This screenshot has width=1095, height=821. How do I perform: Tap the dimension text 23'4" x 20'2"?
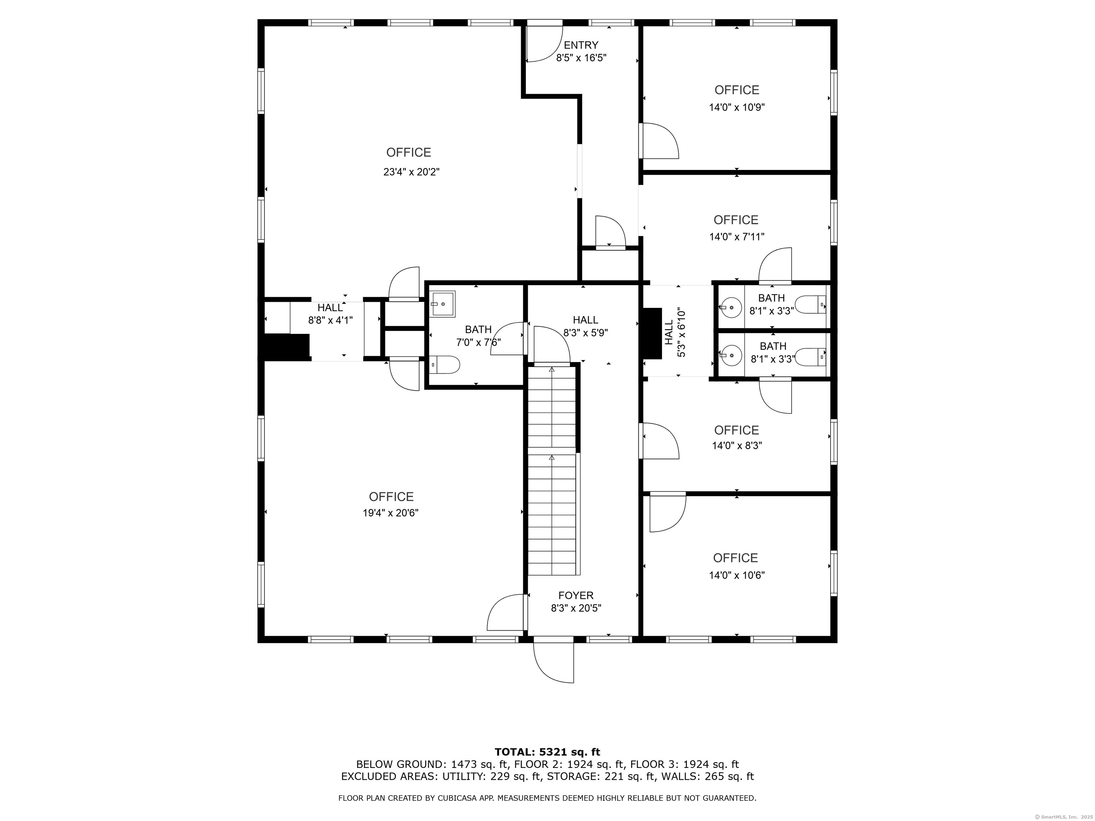[411, 172]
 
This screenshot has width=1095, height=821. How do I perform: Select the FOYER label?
[576, 596]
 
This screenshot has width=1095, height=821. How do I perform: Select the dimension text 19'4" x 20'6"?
[391, 513]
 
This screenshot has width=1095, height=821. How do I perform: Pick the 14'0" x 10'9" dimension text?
[737, 107]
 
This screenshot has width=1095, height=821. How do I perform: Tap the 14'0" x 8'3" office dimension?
[737, 446]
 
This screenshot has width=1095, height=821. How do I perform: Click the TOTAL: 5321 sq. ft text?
[547, 753]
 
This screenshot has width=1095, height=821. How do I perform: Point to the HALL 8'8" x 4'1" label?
[330, 314]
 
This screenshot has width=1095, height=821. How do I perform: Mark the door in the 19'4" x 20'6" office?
[505, 613]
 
